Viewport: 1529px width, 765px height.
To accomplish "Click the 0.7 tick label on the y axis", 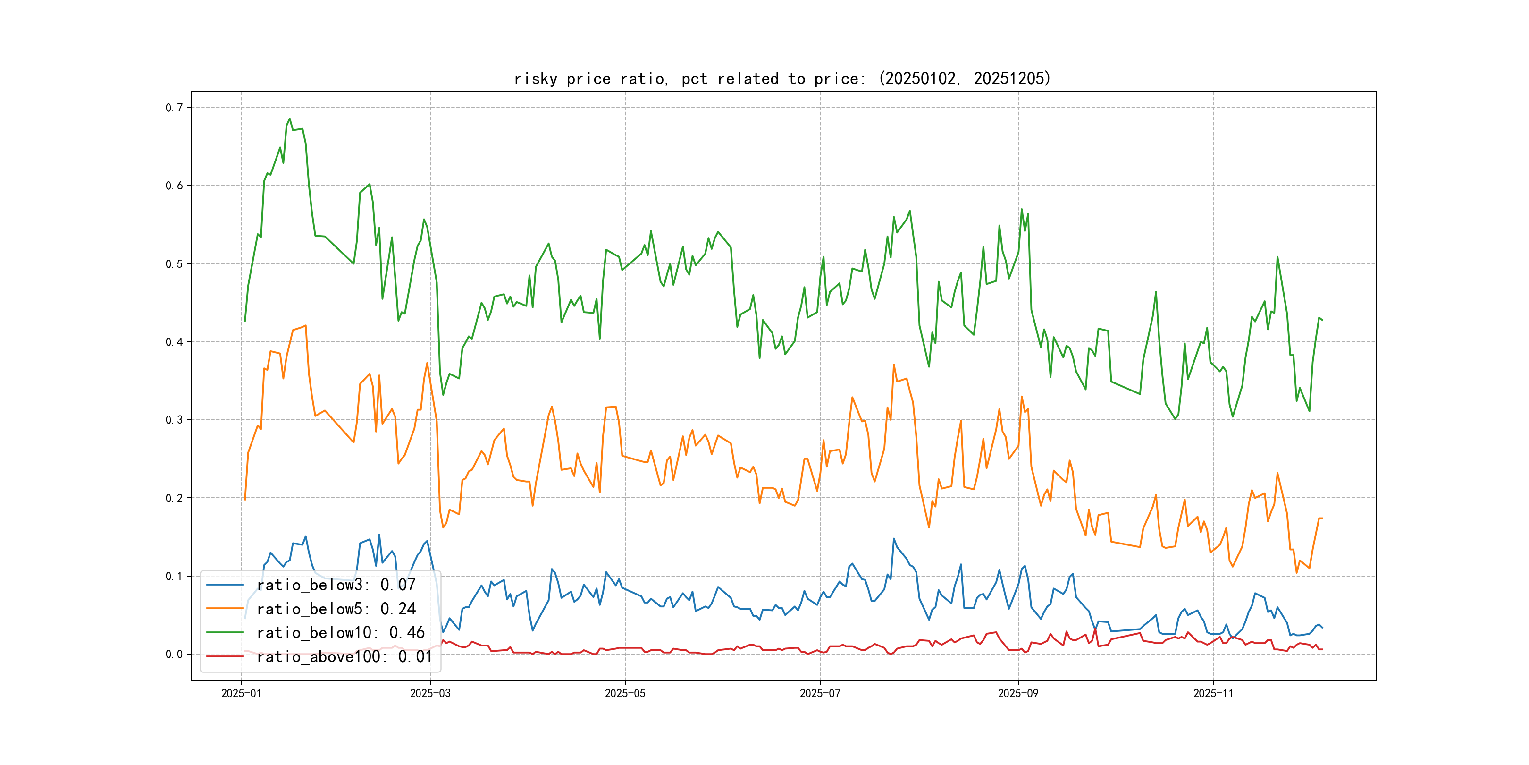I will (x=174, y=108).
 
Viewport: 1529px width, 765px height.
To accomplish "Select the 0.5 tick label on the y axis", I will (x=174, y=263).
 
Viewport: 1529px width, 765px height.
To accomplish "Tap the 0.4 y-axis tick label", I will (x=174, y=341).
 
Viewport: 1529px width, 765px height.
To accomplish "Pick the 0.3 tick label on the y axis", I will (x=174, y=420).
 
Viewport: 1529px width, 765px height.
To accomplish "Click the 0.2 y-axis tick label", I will (x=174, y=498).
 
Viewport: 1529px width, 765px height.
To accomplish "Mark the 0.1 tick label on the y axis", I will (x=174, y=576).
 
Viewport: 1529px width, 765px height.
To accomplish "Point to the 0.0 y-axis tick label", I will (x=174, y=654).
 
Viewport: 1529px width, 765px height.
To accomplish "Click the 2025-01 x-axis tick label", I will (x=241, y=693).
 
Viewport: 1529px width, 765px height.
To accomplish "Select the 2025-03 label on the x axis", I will (x=430, y=693).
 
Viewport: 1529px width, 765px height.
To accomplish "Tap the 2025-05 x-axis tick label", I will (x=625, y=693).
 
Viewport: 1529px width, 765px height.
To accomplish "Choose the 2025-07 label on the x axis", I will (x=820, y=693).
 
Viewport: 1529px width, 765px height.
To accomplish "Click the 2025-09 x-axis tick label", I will (x=1018, y=693).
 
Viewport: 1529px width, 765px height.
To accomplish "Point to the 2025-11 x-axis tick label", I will (x=1213, y=693).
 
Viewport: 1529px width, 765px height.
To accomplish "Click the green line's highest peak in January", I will (x=290, y=119).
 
